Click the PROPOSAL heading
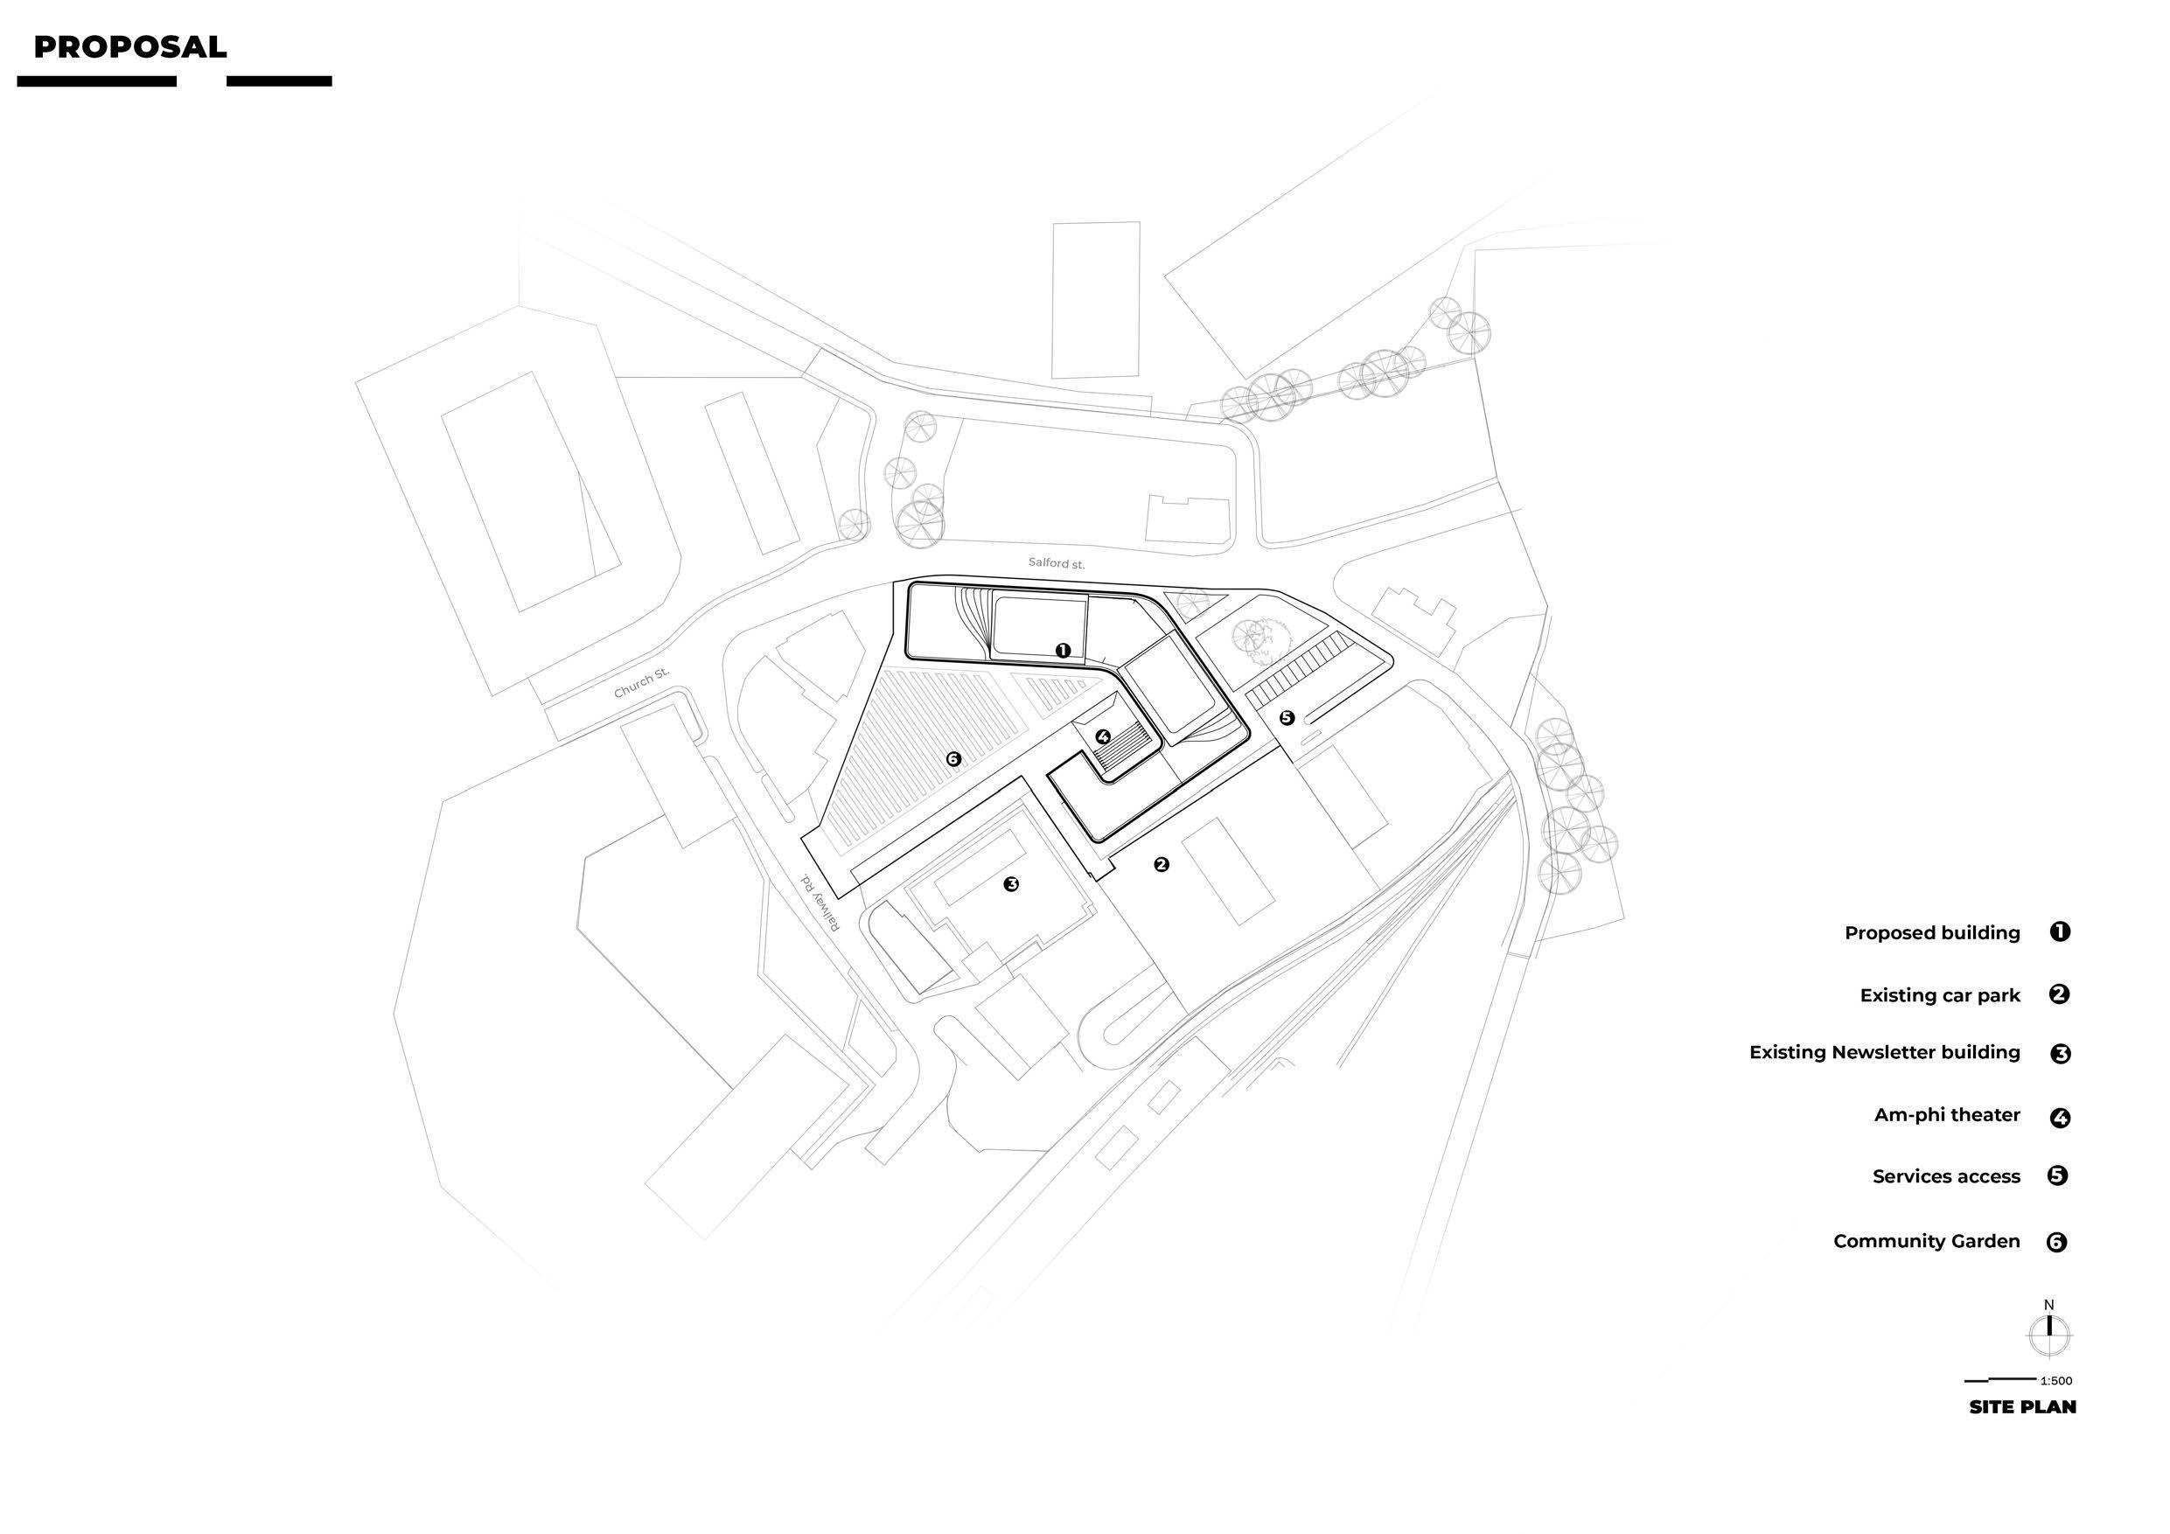[x=129, y=47]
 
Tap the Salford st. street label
[x=1057, y=563]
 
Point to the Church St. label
[x=641, y=682]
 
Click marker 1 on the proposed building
[x=1063, y=651]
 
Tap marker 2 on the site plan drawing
[x=1162, y=864]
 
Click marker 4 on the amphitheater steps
[x=1103, y=736]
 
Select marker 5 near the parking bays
[x=1287, y=717]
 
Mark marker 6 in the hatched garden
[x=952, y=758]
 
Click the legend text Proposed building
[x=1932, y=933]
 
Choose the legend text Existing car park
[x=1939, y=995]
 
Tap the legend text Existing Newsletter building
[x=1884, y=1052]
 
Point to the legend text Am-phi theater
[x=1947, y=1114]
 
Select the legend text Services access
[x=1946, y=1176]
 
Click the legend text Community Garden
[x=1926, y=1241]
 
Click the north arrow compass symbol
[x=2049, y=1334]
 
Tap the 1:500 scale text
[x=2056, y=1381]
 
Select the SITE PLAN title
[x=2022, y=1407]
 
